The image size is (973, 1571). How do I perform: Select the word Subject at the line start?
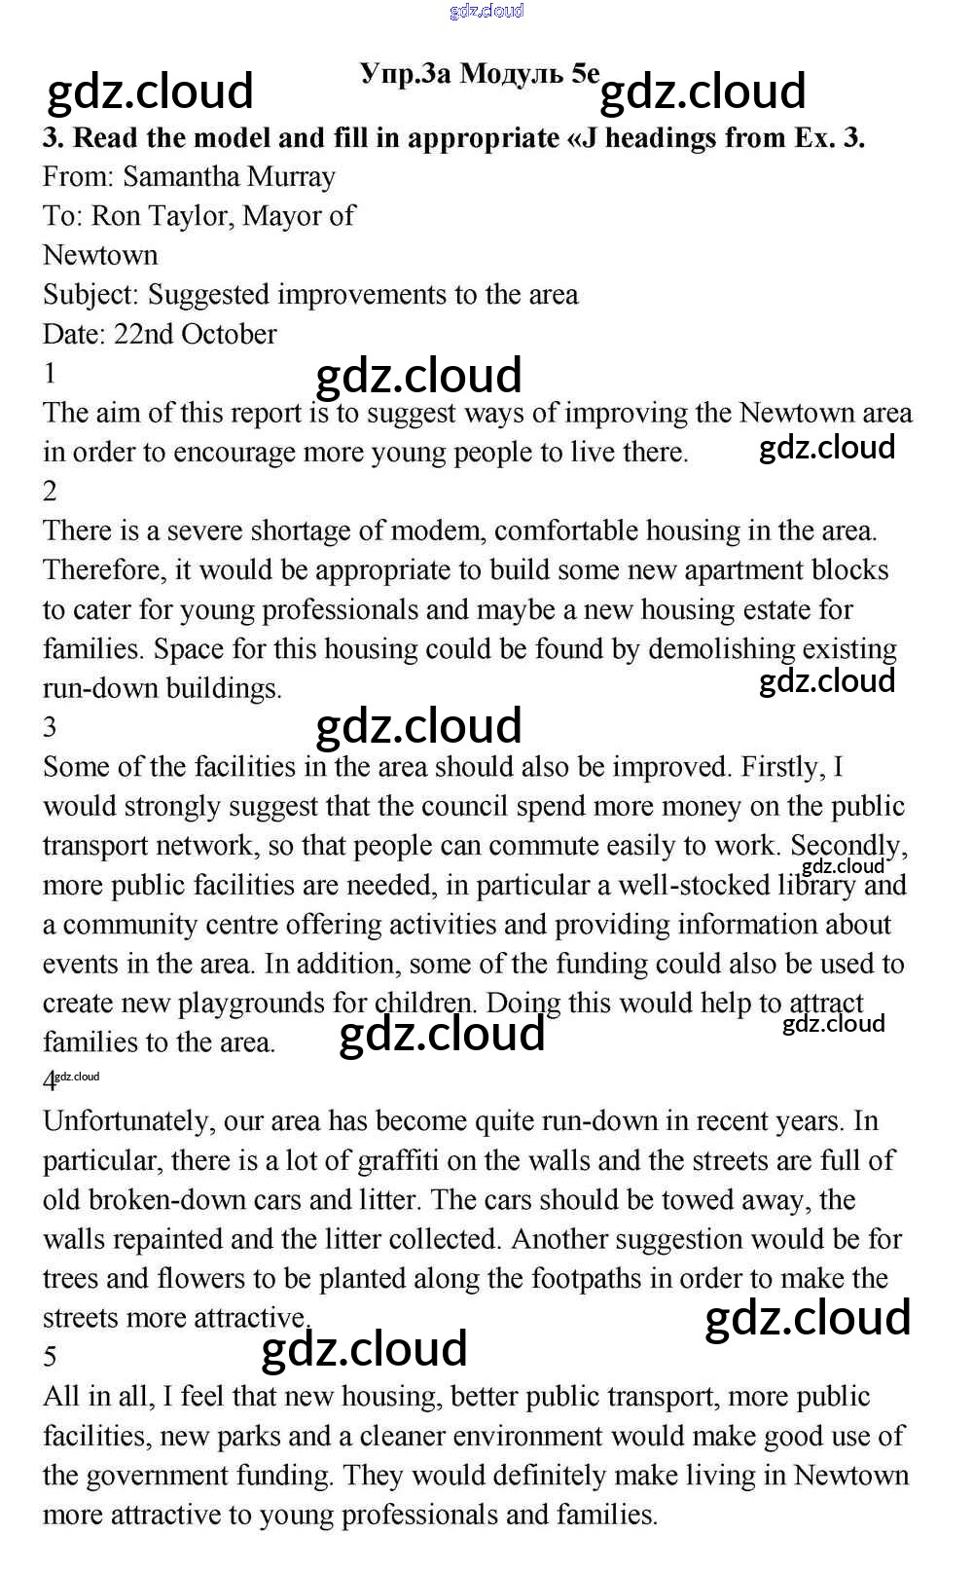(90, 295)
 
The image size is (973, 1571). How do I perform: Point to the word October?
(229, 334)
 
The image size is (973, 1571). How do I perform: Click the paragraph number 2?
(51, 491)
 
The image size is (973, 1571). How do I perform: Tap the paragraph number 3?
(51, 727)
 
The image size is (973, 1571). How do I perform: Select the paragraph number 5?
(51, 1357)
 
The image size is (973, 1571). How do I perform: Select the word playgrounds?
(251, 1004)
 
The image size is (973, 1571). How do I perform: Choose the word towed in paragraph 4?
(697, 1200)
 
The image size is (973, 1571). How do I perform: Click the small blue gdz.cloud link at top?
(486, 11)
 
